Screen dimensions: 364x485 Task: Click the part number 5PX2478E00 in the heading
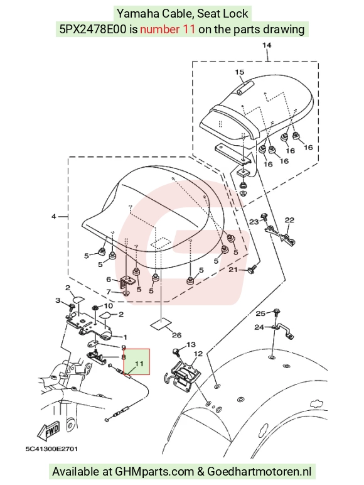(93, 29)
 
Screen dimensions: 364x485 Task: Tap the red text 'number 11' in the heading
(168, 29)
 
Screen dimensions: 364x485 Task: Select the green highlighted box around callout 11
(137, 362)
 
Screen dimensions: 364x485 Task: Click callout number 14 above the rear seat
(267, 45)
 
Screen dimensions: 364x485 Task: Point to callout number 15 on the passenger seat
(240, 72)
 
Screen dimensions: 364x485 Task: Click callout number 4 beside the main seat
(54, 217)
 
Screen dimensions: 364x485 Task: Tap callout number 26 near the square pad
(177, 335)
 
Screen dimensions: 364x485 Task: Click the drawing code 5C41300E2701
(51, 449)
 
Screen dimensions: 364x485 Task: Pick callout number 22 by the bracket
(289, 220)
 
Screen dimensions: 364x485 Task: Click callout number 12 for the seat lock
(198, 353)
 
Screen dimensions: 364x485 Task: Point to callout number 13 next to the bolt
(191, 344)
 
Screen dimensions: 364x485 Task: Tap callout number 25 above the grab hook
(260, 313)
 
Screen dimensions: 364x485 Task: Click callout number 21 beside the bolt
(233, 270)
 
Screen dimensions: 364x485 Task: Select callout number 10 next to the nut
(108, 306)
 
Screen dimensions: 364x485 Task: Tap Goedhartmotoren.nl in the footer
(259, 471)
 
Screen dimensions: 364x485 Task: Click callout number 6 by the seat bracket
(109, 280)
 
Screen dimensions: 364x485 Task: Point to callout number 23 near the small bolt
(254, 222)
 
